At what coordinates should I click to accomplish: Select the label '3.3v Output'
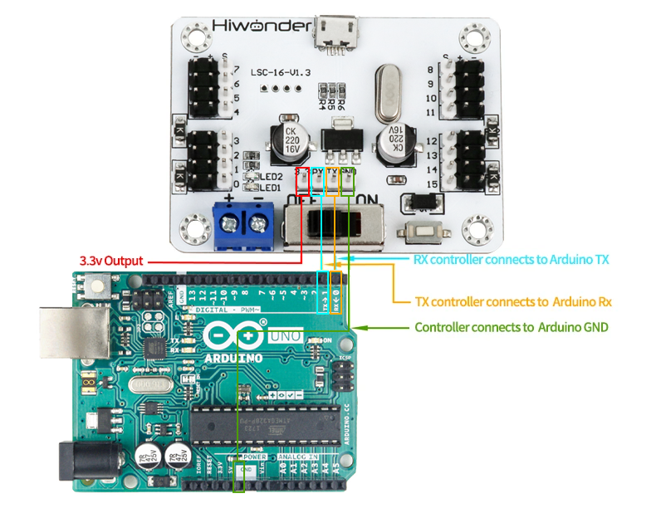111,261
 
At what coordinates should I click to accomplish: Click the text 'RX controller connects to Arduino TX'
512,260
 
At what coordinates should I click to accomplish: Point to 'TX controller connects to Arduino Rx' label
513,301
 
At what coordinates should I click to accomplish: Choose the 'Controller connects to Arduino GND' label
512,327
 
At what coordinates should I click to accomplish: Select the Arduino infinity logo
233,337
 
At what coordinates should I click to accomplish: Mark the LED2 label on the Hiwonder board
272,177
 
